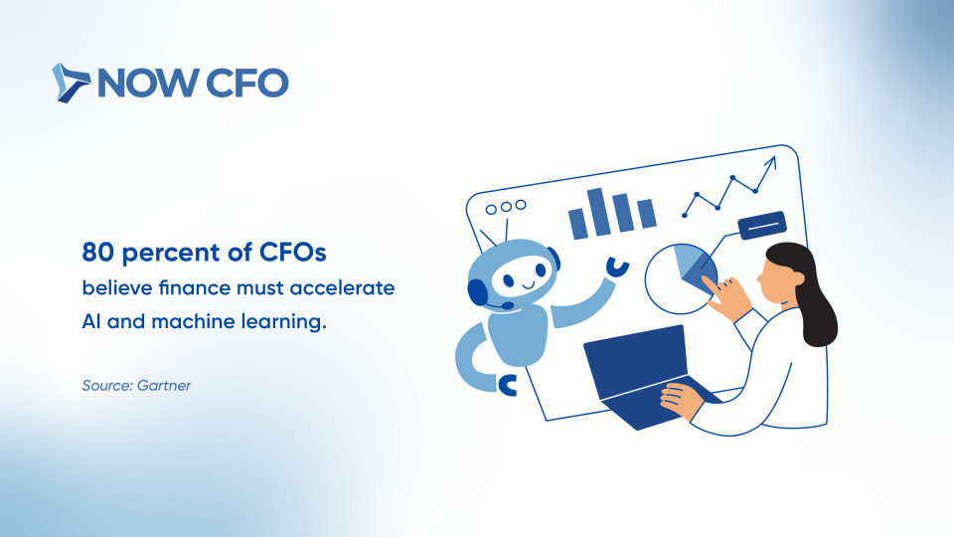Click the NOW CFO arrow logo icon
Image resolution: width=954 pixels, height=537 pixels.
[x=71, y=83]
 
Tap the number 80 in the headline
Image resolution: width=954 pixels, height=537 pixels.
[x=98, y=252]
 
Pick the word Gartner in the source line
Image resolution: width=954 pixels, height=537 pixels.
[x=164, y=386]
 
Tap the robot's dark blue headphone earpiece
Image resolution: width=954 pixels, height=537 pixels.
[x=478, y=291]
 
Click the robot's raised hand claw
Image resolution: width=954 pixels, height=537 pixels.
[x=617, y=268]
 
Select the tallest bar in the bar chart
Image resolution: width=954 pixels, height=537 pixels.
[x=598, y=211]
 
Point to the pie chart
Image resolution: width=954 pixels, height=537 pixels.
[x=681, y=278]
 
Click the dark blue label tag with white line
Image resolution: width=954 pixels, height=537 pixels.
[x=762, y=226]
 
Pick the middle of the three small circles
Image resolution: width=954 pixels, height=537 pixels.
[x=506, y=207]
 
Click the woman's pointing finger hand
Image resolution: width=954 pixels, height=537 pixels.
[x=725, y=296]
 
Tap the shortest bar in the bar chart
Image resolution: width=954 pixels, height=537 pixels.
[x=646, y=213]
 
